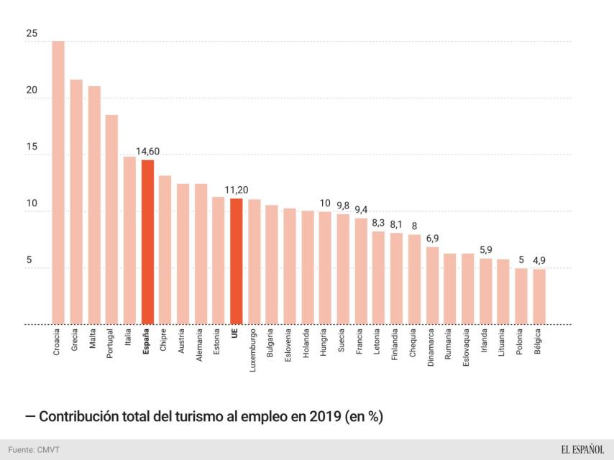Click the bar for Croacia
coord(58,183)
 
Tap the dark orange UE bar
coord(236,261)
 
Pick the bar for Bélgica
coord(539,296)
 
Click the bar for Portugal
coord(111,219)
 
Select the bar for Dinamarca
coord(432,285)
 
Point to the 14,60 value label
coord(147,152)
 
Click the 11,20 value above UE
coord(236,190)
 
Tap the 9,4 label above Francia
coord(361,210)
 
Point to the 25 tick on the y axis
coord(31,34)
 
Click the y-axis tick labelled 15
coord(31,147)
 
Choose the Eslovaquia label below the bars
coord(467,349)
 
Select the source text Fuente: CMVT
coord(34,449)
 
